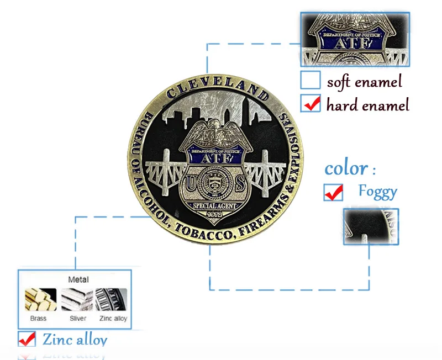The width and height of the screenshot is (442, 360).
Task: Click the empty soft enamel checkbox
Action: [x=311, y=81]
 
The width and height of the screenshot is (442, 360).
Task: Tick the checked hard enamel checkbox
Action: [x=311, y=103]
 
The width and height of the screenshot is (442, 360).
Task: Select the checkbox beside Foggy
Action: [x=333, y=192]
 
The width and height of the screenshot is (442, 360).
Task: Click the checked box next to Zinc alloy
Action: [x=27, y=339]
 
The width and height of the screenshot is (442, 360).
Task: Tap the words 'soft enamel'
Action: [x=364, y=82]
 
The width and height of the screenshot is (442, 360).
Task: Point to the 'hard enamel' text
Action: [x=367, y=104]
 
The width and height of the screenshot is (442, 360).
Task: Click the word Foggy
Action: [x=377, y=191]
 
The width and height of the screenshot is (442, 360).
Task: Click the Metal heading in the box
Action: [x=78, y=280]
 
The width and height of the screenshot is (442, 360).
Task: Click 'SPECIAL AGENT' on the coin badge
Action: [x=213, y=206]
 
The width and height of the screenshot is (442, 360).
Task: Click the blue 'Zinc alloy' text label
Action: [x=75, y=339]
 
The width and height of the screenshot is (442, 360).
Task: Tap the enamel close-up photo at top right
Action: [x=355, y=39]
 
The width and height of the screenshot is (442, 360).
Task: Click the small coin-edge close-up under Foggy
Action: [x=371, y=226]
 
